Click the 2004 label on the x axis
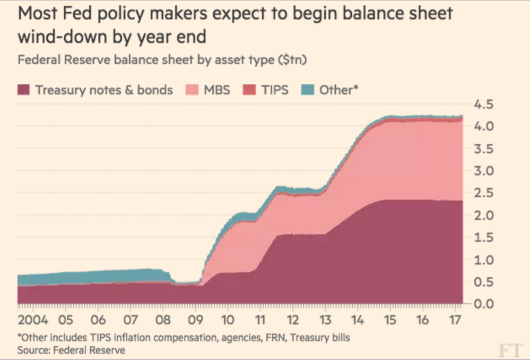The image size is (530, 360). (x=33, y=320)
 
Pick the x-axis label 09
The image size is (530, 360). (x=195, y=320)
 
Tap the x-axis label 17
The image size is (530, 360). (x=454, y=320)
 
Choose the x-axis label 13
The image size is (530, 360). (x=325, y=320)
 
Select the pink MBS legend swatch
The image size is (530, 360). (x=193, y=90)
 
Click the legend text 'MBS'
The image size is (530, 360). (x=217, y=90)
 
